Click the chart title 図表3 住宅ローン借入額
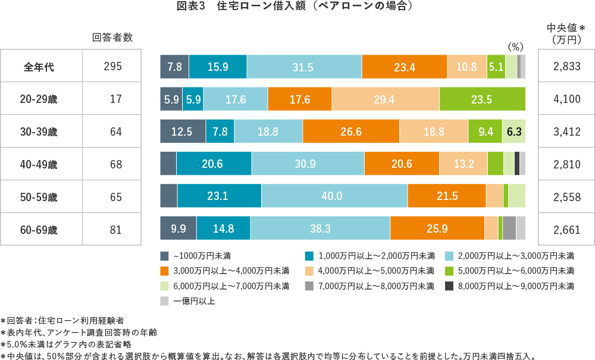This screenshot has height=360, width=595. point(295,7)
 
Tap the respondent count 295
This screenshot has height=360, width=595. point(112,67)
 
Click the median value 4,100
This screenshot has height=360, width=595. point(566,99)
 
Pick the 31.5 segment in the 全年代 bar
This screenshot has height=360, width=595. point(303,67)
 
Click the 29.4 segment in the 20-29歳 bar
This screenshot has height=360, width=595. point(385,99)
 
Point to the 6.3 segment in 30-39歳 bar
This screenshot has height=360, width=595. point(513,132)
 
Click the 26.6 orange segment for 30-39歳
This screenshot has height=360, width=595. point(350,132)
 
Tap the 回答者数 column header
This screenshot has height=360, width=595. point(112,37)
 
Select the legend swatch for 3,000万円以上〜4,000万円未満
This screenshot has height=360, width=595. point(165,271)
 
